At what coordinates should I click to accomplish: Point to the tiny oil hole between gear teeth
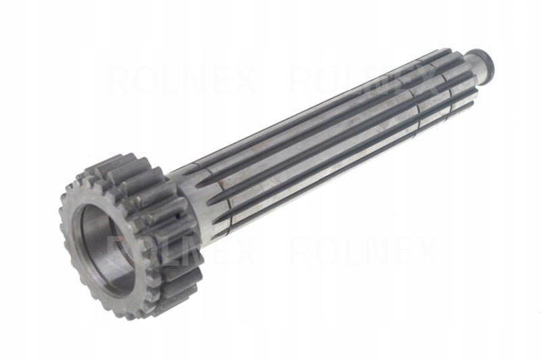[x=177, y=219]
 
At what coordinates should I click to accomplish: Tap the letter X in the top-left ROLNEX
[x=243, y=81]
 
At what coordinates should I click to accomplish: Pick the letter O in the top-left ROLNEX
[x=145, y=81]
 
